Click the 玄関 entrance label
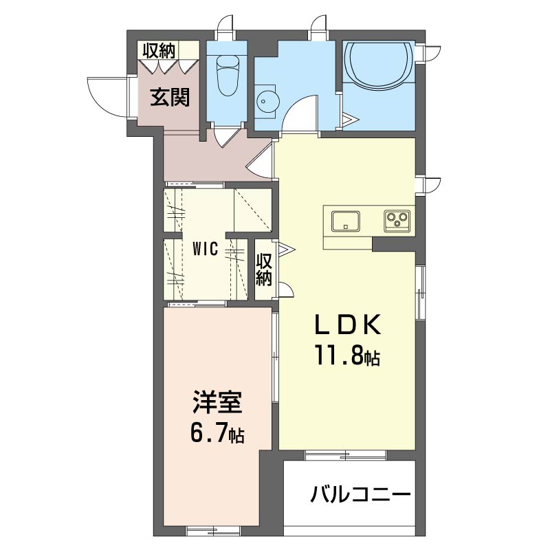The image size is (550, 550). [170, 97]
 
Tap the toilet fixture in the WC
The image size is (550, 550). [228, 76]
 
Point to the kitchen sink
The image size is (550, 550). [346, 221]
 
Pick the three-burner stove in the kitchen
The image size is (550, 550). [397, 221]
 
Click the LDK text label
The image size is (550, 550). [347, 324]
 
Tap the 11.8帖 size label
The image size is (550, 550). [347, 355]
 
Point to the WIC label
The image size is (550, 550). [206, 249]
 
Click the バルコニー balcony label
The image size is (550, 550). [360, 494]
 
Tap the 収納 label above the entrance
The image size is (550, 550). [159, 51]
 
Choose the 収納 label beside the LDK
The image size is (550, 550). [264, 269]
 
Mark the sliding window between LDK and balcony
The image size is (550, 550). [346, 456]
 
